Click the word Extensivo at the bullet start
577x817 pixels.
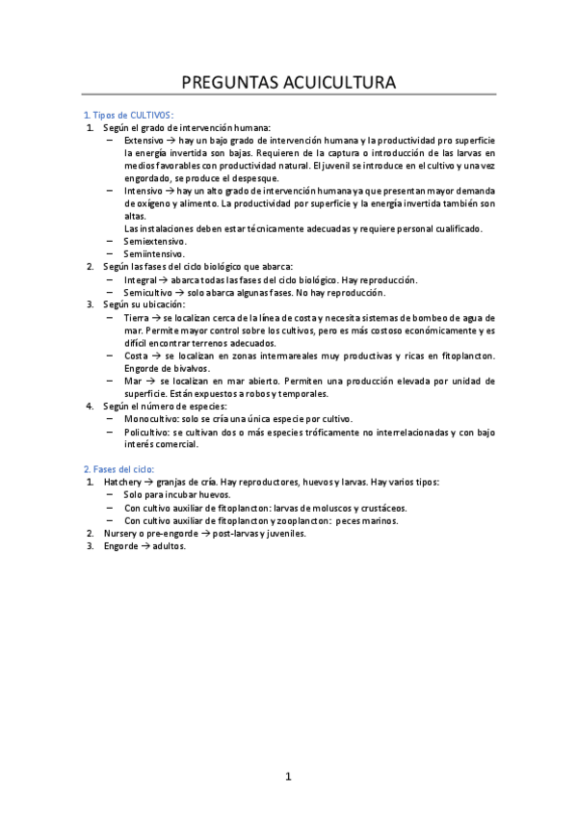click(144, 140)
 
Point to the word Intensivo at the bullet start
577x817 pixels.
click(143, 191)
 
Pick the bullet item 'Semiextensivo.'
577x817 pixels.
click(155, 241)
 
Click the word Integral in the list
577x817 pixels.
click(140, 279)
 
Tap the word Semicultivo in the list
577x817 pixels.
click(147, 292)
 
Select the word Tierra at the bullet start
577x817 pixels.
click(137, 317)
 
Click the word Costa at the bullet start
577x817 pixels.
click(136, 356)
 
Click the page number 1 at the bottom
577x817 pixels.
click(288, 777)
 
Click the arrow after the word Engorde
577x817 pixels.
click(148, 545)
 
